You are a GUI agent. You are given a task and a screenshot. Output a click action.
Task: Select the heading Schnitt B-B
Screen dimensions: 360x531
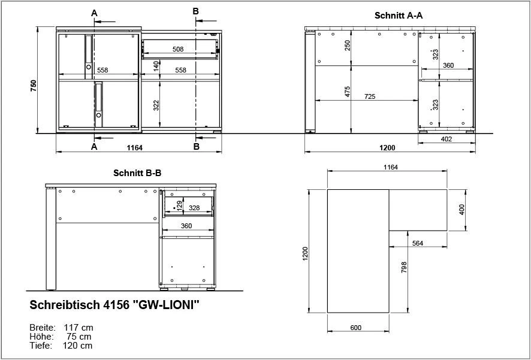pos(137,173)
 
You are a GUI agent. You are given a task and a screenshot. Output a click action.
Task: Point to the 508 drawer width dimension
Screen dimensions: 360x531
pos(178,50)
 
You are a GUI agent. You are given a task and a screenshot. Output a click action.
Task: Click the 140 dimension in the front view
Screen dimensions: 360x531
pos(156,66)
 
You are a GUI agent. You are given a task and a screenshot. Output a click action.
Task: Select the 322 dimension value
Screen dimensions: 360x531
pos(156,105)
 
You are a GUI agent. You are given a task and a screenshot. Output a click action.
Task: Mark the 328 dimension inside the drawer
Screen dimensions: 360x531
pos(194,207)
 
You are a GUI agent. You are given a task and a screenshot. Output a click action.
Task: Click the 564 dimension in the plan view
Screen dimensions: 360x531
pos(418,243)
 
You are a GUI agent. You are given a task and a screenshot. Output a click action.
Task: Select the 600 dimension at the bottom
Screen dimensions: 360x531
pos(356,327)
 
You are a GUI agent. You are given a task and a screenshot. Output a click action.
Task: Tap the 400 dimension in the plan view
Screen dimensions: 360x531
pos(461,210)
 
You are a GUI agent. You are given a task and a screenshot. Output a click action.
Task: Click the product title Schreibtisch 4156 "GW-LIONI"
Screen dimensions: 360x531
pos(114,305)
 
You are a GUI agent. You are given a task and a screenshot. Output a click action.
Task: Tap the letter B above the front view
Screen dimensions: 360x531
pos(195,11)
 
